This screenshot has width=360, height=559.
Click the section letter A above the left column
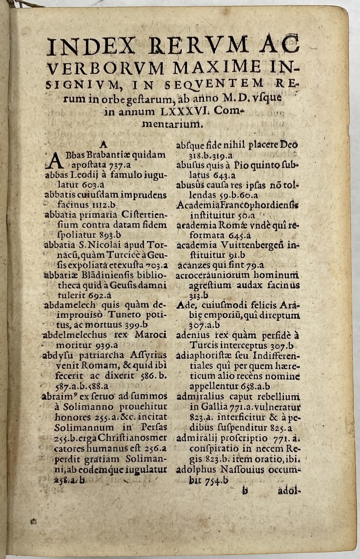[103, 145]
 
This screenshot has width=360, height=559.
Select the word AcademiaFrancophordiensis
[238, 206]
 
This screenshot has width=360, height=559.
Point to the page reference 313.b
[199, 296]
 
